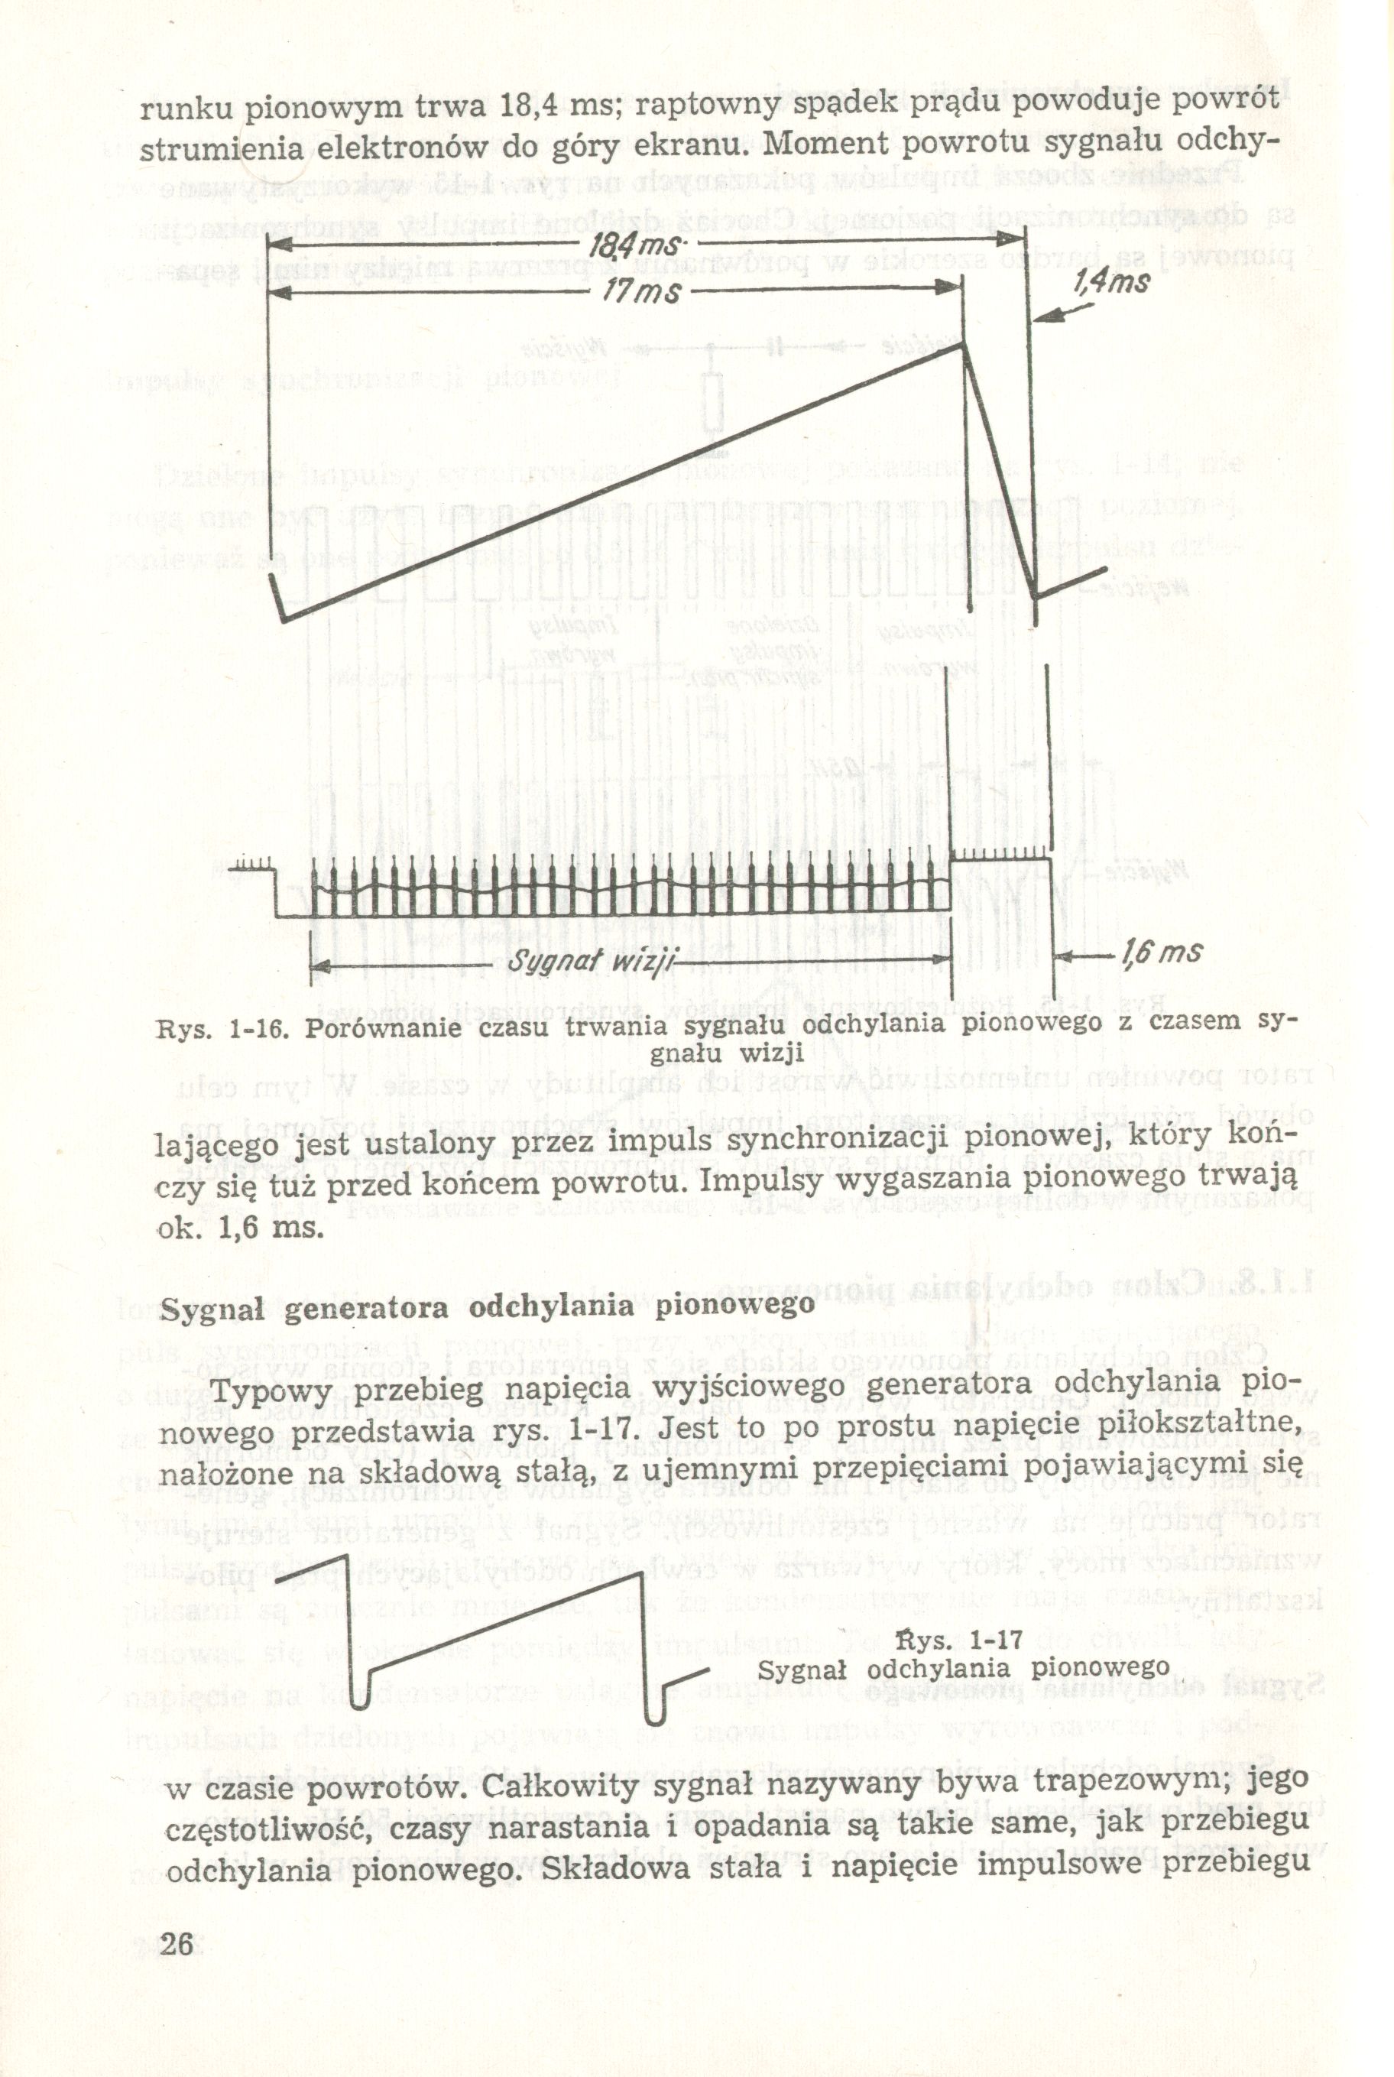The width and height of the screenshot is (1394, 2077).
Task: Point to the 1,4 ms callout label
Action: [x=1111, y=283]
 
